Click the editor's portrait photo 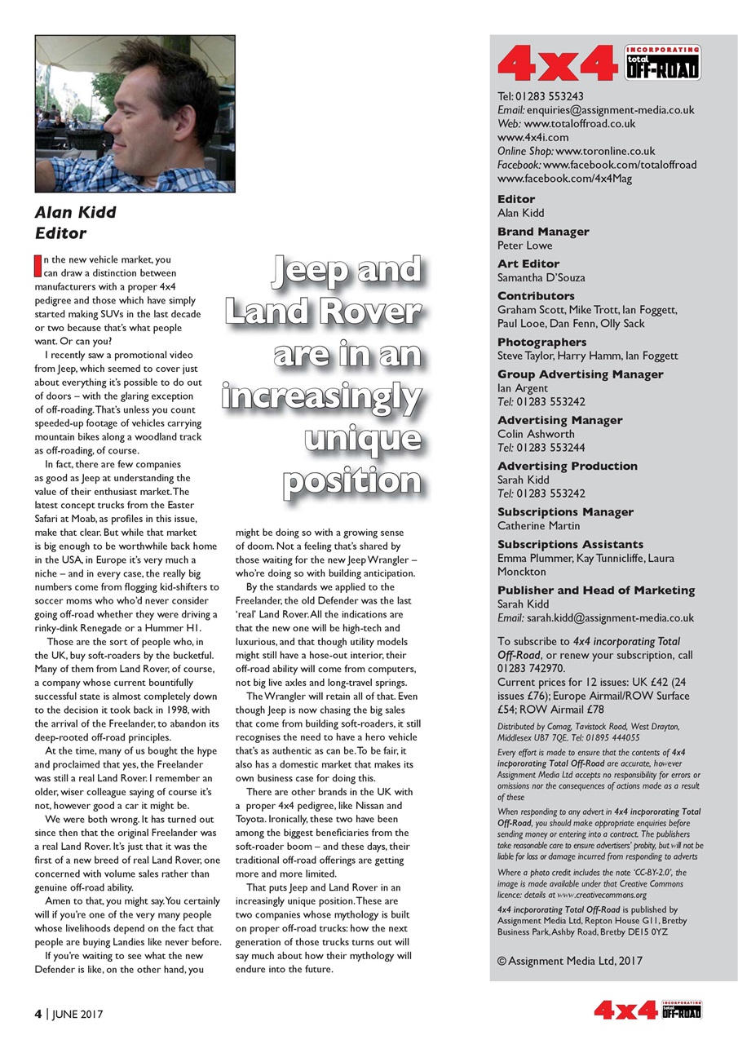point(135,113)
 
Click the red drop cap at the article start point(38,266)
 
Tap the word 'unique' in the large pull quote point(363,438)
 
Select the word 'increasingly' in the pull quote point(322,396)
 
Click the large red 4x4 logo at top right point(557,64)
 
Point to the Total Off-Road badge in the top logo point(661,63)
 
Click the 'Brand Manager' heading point(542,232)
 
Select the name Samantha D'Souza point(541,277)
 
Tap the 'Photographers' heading point(541,342)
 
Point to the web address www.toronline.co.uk point(605,151)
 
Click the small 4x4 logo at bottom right point(647,1011)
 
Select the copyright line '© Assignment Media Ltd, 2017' point(569,961)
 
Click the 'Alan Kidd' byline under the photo point(75,212)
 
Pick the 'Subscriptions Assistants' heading point(570,544)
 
